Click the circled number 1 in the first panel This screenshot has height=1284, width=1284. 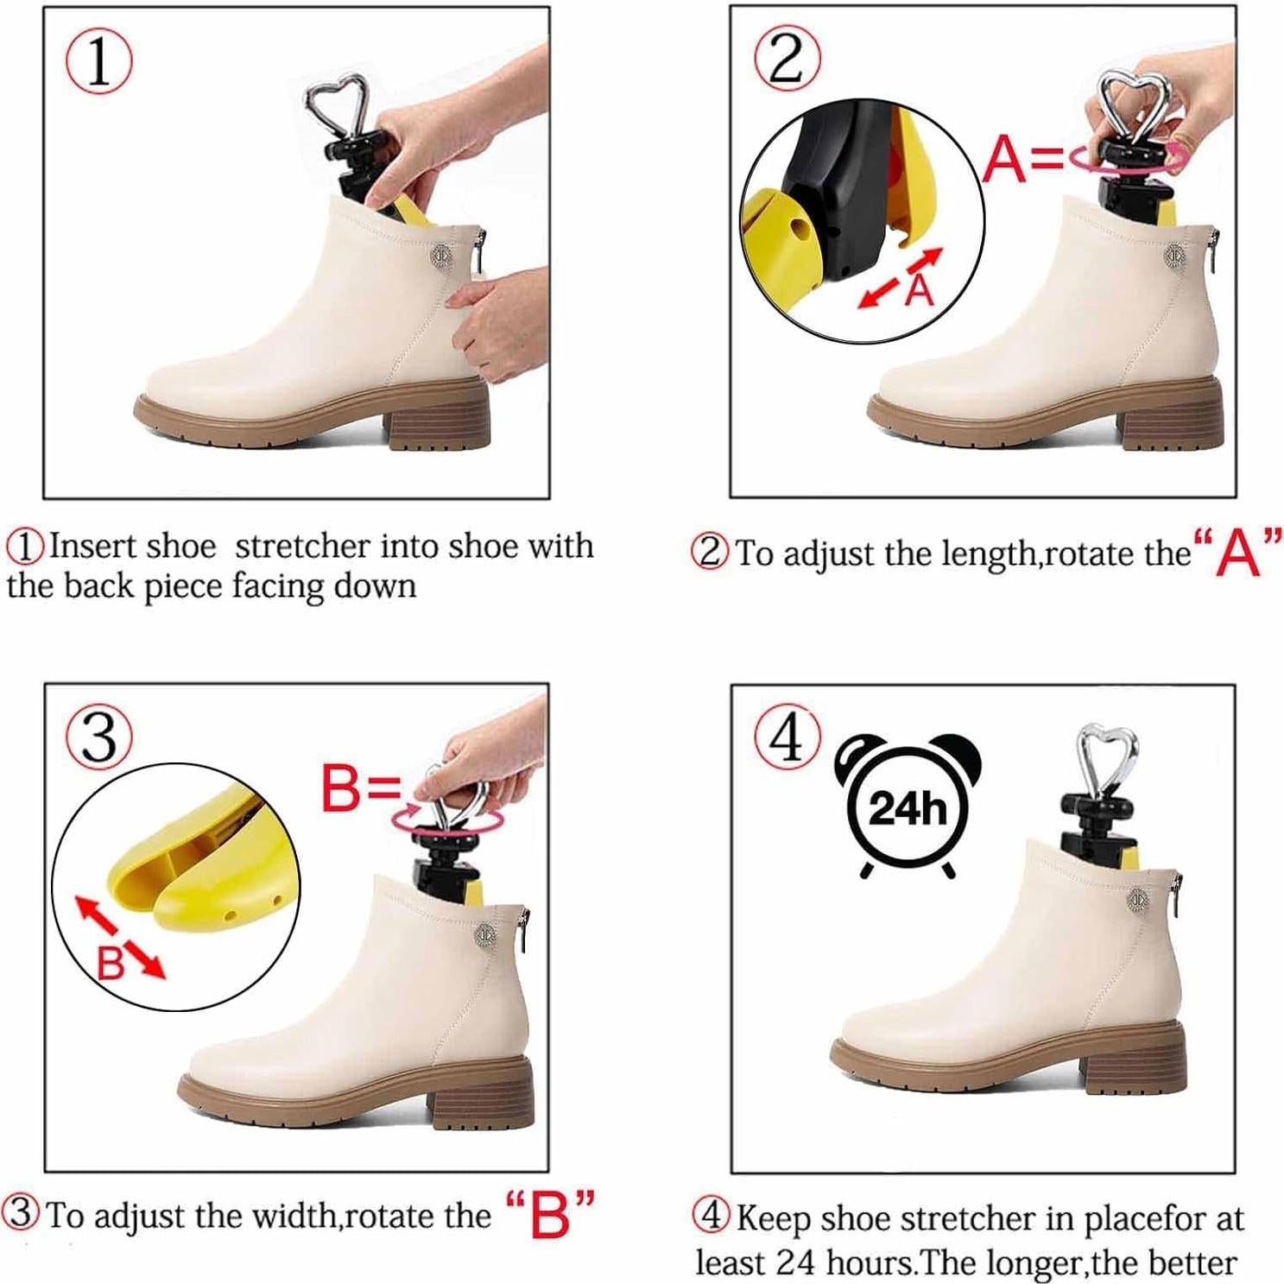(99, 62)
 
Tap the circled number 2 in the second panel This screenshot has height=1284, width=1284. (787, 59)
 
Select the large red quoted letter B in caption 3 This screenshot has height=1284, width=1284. (549, 1214)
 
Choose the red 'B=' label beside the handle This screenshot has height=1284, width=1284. (361, 788)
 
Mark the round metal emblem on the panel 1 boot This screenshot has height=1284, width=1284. (441, 256)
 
